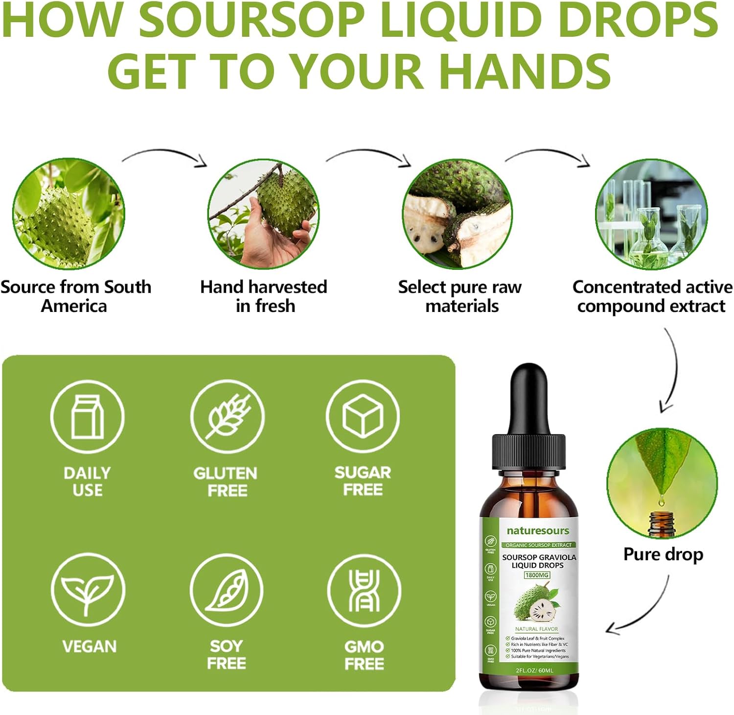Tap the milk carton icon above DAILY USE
[88, 416]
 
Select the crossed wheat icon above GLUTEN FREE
[228, 416]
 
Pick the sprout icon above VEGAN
[88, 590]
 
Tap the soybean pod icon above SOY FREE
[227, 590]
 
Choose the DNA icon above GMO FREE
[364, 590]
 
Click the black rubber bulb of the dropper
[528, 397]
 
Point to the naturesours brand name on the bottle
[538, 531]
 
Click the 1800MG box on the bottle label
[537, 575]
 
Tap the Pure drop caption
[663, 554]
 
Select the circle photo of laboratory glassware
[651, 214]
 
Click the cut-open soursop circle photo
[457, 214]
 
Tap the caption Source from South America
[75, 296]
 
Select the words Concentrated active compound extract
[652, 296]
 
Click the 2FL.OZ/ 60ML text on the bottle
[534, 670]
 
